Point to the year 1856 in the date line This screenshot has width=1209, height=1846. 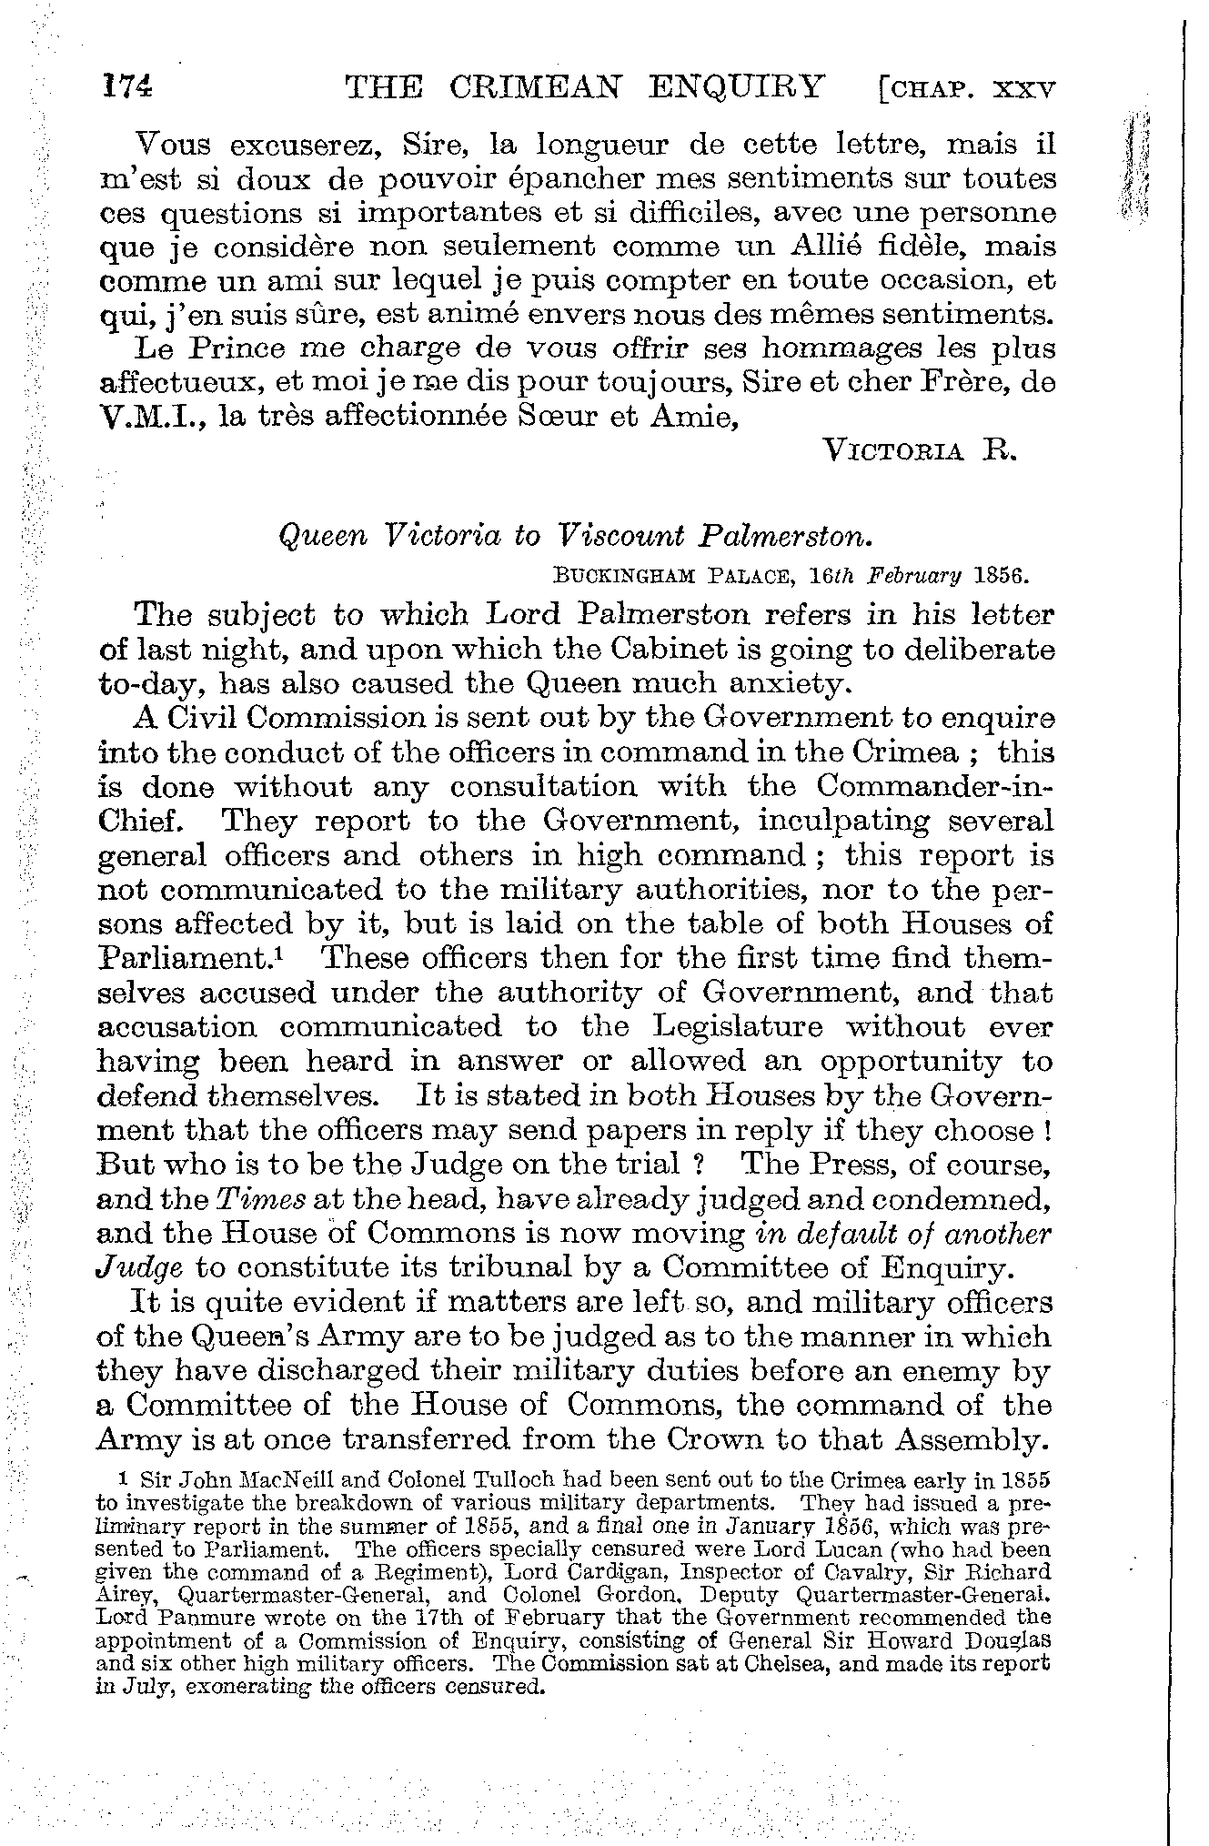[1000, 576]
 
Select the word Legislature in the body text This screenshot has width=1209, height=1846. [738, 1027]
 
